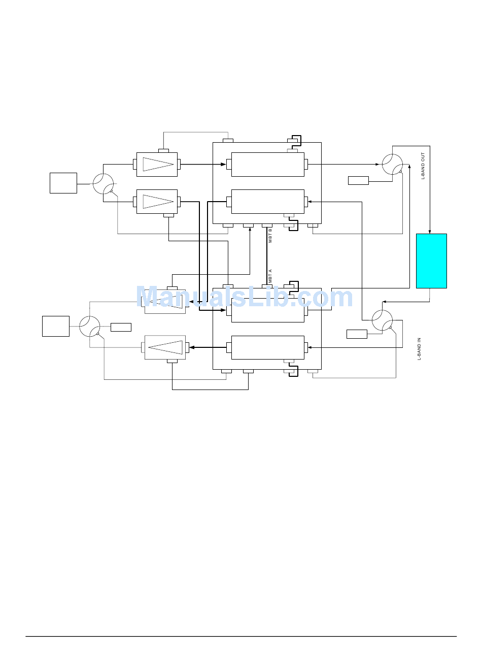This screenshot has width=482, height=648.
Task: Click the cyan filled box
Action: (431, 261)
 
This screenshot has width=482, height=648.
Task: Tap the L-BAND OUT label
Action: (423, 165)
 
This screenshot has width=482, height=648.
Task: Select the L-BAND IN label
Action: (419, 349)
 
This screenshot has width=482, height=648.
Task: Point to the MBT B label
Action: (270, 235)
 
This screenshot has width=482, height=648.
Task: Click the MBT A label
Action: (270, 276)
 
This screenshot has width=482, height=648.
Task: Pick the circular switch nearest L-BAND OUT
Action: (392, 165)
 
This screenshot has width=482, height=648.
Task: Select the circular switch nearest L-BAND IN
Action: (382, 320)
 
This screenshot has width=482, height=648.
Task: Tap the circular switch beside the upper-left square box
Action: (103, 183)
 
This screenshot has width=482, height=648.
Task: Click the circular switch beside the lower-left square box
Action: (90, 326)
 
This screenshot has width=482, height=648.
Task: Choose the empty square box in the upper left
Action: (63, 183)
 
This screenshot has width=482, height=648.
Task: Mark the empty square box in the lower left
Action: (56, 326)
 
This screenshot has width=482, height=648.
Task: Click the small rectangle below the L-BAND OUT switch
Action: (358, 180)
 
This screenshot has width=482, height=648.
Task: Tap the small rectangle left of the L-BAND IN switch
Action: (357, 334)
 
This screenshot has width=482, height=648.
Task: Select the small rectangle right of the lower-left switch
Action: (121, 327)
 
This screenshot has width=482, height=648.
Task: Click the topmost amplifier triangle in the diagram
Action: (158, 165)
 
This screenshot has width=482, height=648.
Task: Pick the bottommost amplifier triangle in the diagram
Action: (165, 347)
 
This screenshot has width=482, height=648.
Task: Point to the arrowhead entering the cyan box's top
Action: (430, 232)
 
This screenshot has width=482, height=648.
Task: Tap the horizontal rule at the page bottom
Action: (241, 636)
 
